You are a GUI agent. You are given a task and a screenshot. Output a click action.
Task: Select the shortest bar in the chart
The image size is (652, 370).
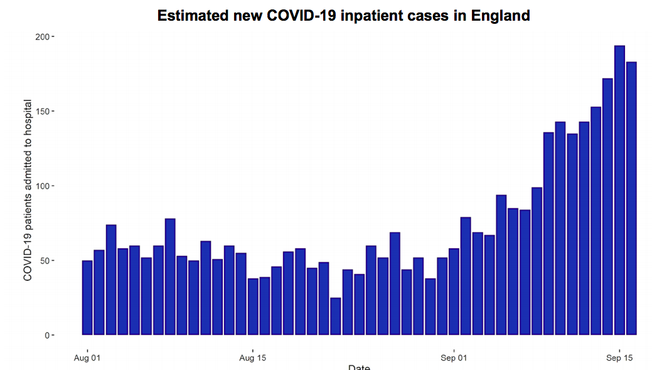pyautogui.click(x=336, y=316)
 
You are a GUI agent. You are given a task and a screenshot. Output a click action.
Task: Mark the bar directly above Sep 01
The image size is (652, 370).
pyautogui.click(x=454, y=292)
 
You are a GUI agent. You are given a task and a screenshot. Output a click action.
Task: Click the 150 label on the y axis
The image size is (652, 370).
pyautogui.click(x=42, y=112)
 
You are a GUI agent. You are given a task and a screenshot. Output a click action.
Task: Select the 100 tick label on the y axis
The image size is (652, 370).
pyautogui.click(x=42, y=186)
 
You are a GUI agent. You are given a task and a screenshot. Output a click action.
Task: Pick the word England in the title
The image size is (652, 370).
pyautogui.click(x=501, y=16)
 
